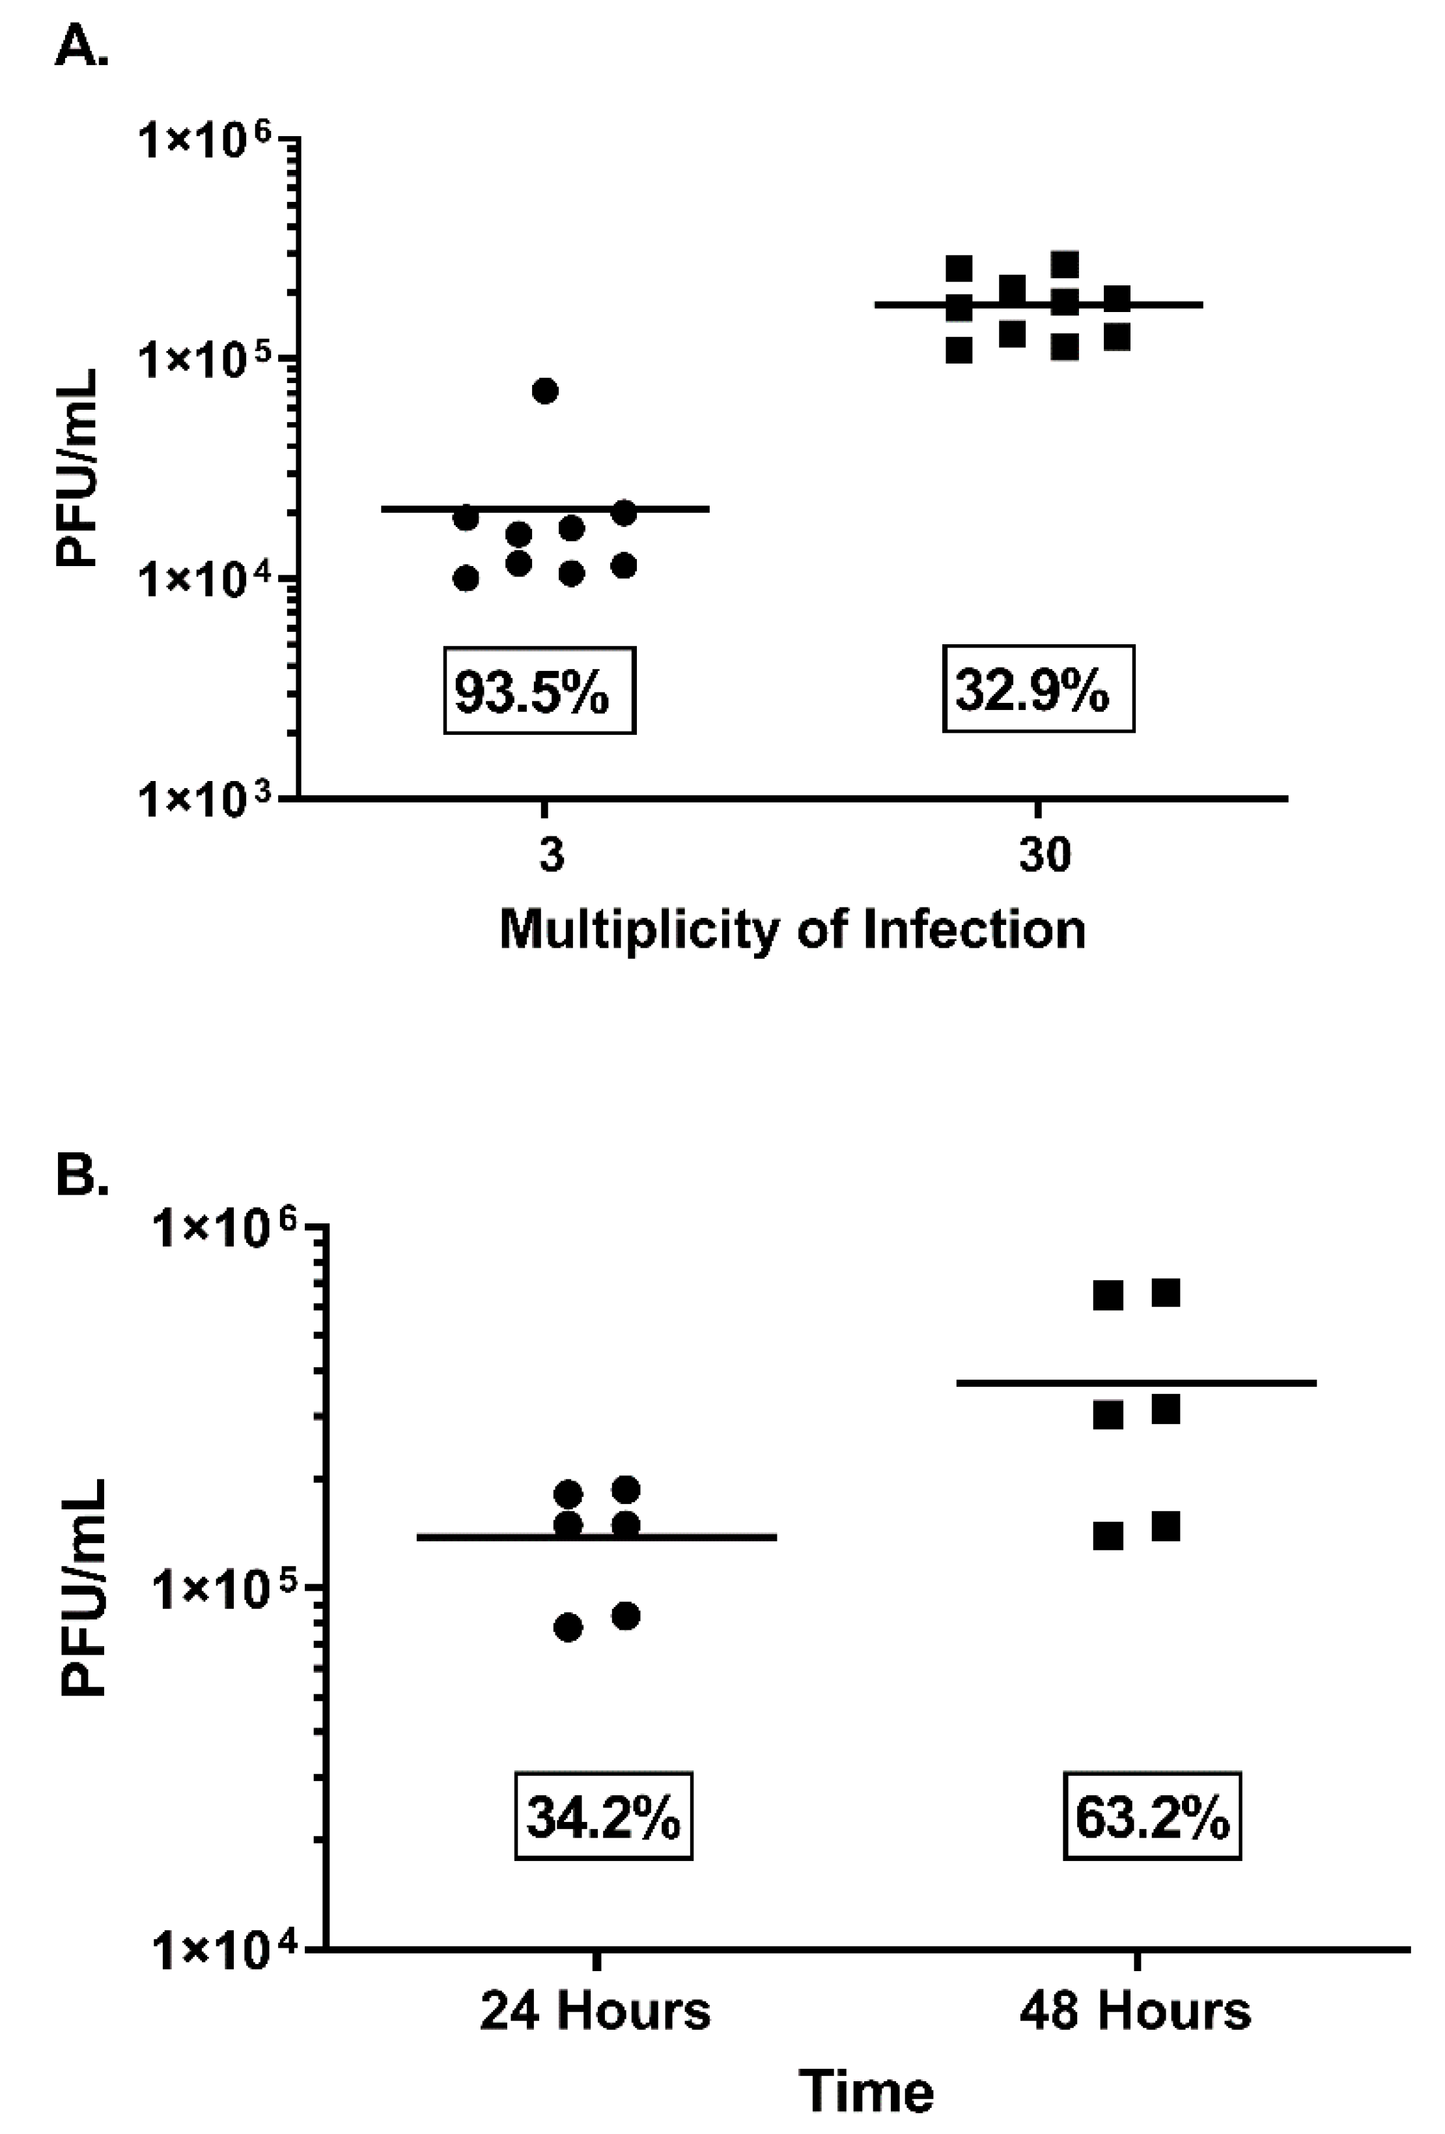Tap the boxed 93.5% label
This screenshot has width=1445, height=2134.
coord(539,690)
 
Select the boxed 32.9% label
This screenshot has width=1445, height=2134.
coord(1037,689)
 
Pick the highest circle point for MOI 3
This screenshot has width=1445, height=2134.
coord(545,390)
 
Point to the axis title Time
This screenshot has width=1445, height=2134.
coord(867,2093)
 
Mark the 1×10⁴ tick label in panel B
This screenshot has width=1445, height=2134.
coord(223,1946)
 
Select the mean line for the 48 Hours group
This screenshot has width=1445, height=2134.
coord(1136,1383)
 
